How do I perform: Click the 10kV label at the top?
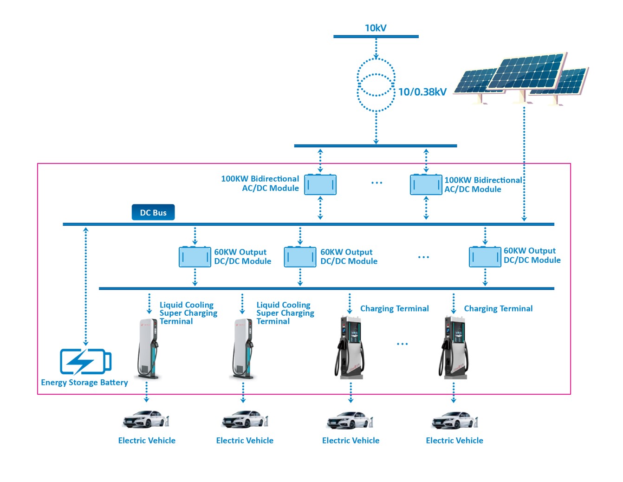[375, 28]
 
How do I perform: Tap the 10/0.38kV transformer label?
[422, 92]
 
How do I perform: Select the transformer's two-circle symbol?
[376, 85]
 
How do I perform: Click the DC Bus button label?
[153, 213]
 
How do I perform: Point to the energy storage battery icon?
[85, 361]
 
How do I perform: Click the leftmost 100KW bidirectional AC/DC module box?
[320, 185]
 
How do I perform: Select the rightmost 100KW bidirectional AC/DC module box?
[426, 185]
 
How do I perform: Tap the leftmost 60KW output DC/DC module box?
[195, 257]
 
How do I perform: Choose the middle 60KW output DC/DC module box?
[300, 257]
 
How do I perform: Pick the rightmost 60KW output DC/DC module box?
[485, 257]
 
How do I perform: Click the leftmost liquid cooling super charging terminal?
[148, 348]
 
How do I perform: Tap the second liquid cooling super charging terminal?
[243, 348]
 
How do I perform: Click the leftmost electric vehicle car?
[146, 419]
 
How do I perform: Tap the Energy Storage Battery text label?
[84, 383]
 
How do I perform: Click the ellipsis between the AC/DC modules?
[376, 183]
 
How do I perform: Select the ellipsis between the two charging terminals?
[402, 344]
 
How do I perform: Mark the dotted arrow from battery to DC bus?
[86, 286]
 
